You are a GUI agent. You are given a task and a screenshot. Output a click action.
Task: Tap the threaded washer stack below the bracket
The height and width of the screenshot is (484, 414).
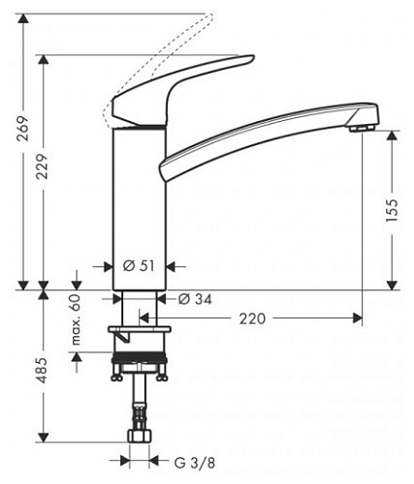142,364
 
